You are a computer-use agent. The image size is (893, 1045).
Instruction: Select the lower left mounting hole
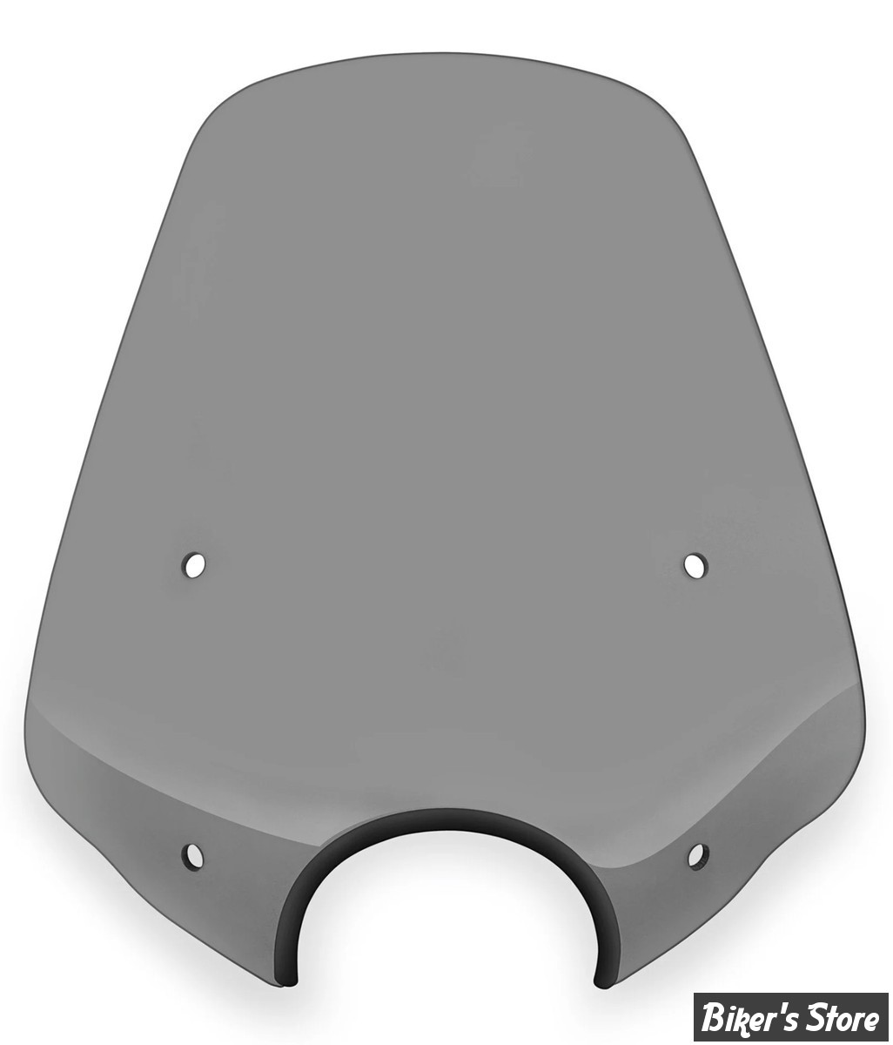point(193,855)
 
